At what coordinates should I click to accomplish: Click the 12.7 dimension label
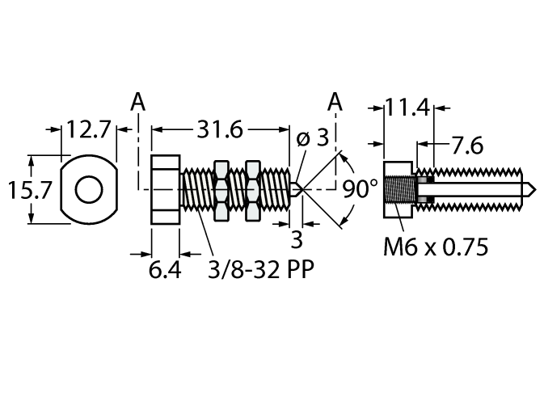[90, 129]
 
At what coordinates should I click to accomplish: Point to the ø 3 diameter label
[313, 137]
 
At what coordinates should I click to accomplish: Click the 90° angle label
[361, 189]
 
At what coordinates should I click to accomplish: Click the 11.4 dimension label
[406, 107]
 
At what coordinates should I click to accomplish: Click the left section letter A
[138, 102]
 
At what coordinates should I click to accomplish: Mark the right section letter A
[335, 102]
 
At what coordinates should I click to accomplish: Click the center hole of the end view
[89, 190]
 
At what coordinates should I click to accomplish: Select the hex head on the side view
[166, 190]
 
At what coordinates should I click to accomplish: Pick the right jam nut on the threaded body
[252, 190]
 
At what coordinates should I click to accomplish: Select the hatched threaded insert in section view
[400, 190]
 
